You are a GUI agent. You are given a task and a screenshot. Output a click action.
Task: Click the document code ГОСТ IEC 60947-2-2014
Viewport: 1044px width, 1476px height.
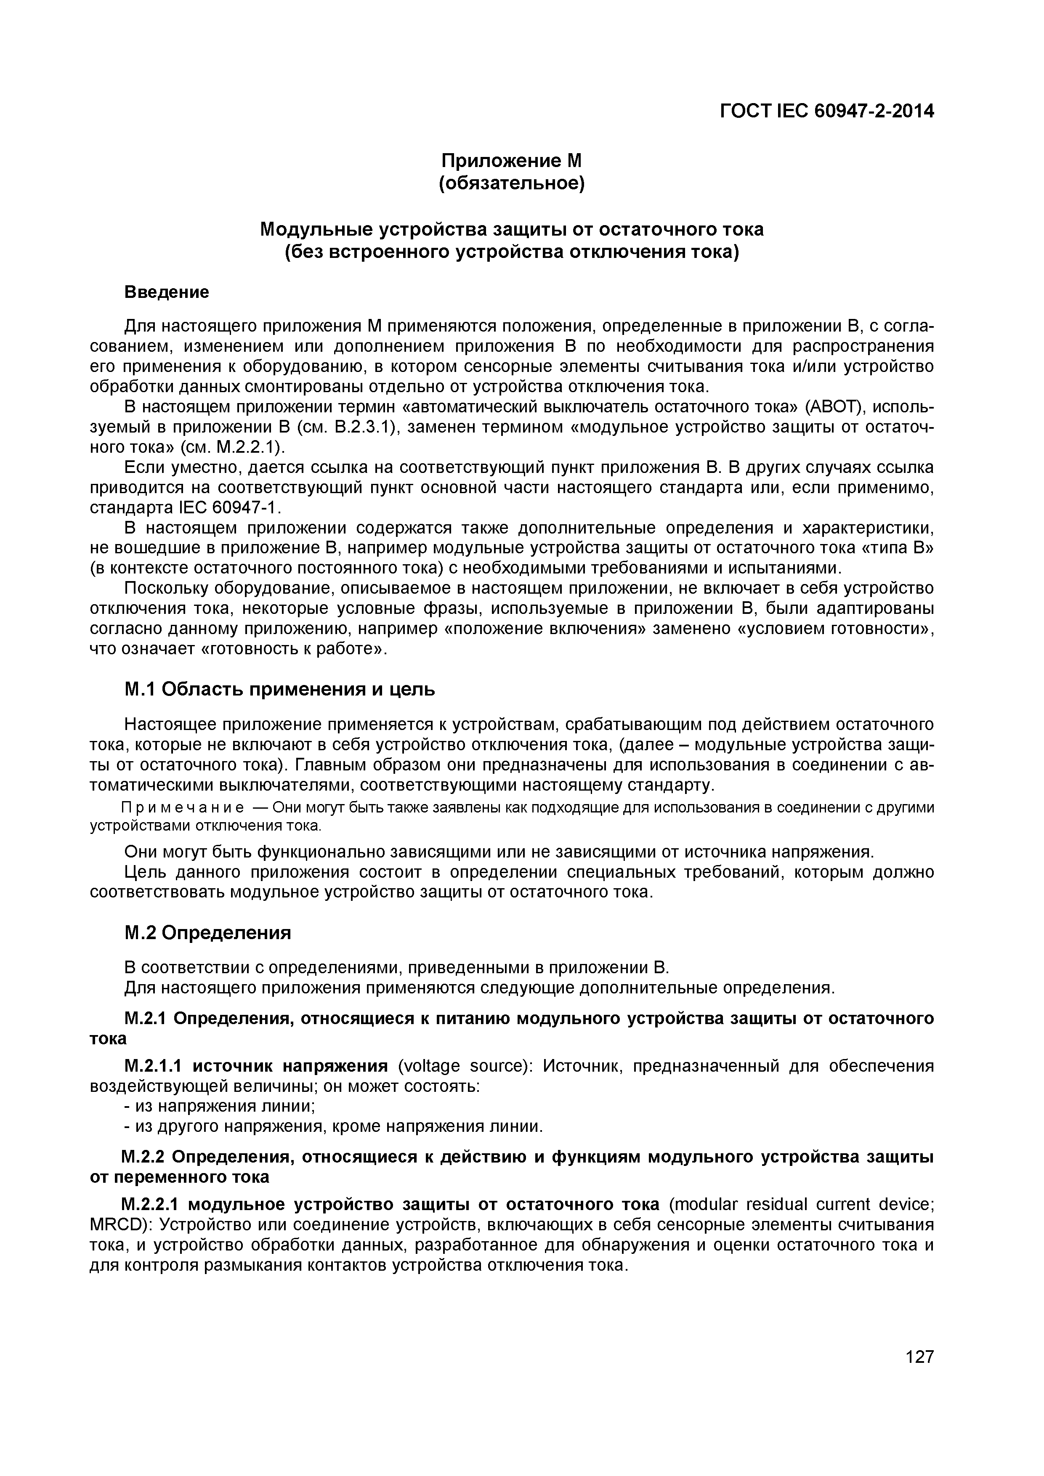(826, 111)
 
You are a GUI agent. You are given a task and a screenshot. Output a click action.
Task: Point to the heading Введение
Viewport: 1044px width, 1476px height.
(167, 292)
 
